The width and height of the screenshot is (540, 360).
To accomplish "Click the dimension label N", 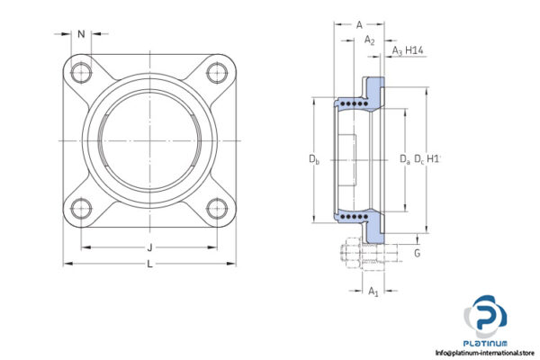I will click(82, 35).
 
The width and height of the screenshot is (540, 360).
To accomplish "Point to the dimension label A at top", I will click(359, 24).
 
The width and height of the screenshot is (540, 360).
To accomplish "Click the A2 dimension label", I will click(369, 40).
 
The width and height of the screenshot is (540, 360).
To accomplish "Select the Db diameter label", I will click(314, 160).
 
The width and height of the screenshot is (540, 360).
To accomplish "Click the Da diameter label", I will click(404, 160).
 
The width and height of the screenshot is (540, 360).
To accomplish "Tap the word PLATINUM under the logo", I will click(487, 343).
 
